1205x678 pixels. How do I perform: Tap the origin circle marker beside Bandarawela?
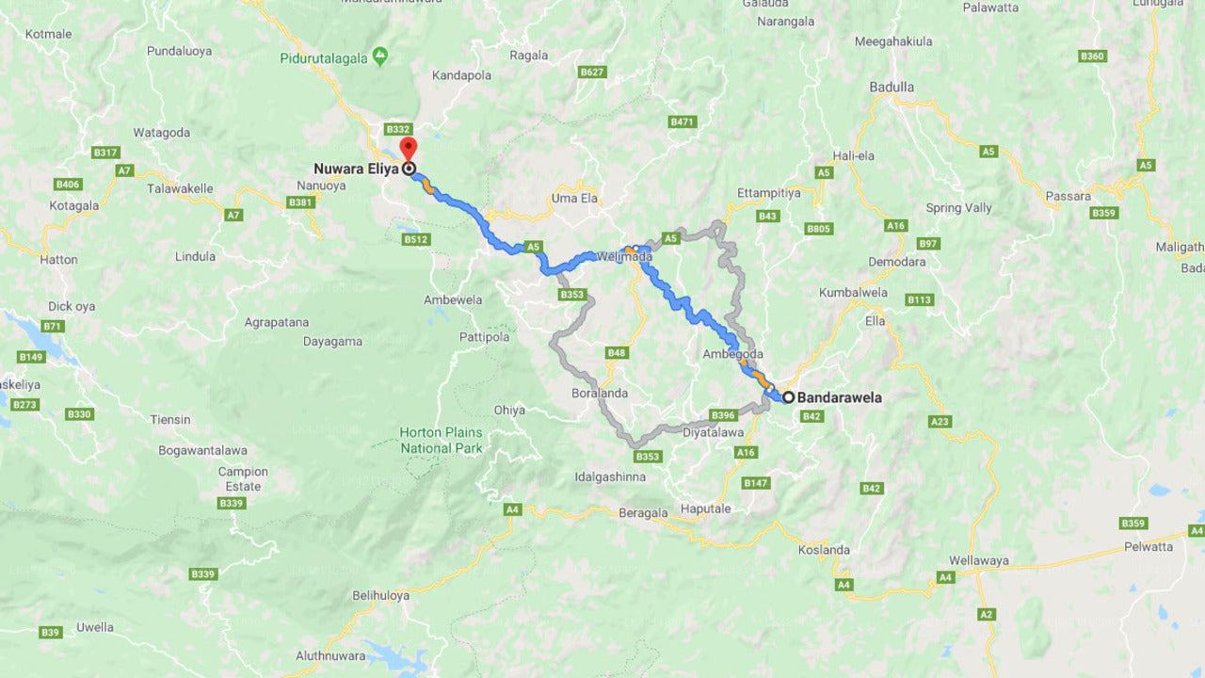point(788,397)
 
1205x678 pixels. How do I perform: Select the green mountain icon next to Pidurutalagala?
point(379,56)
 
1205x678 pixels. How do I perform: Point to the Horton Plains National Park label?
point(442,441)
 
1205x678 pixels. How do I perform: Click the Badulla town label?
point(891,88)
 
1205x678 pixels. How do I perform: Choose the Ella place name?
point(876,321)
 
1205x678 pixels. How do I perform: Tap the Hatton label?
point(59,260)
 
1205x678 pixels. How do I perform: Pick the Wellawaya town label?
point(978,561)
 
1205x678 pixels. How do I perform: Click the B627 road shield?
point(592,73)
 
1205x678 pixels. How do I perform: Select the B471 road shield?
point(682,122)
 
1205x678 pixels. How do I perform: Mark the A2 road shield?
point(986,614)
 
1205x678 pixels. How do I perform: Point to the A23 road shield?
point(940,422)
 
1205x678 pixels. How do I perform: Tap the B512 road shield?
point(416,240)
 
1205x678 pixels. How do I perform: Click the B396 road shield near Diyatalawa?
point(723,415)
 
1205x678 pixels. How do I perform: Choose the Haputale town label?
point(705,508)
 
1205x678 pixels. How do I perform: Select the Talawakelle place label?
point(180,188)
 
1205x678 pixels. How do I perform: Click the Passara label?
point(1068,197)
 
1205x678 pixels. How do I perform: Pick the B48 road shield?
point(616,353)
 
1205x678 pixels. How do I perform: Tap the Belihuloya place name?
point(380,596)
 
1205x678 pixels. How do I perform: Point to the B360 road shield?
point(1092,56)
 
